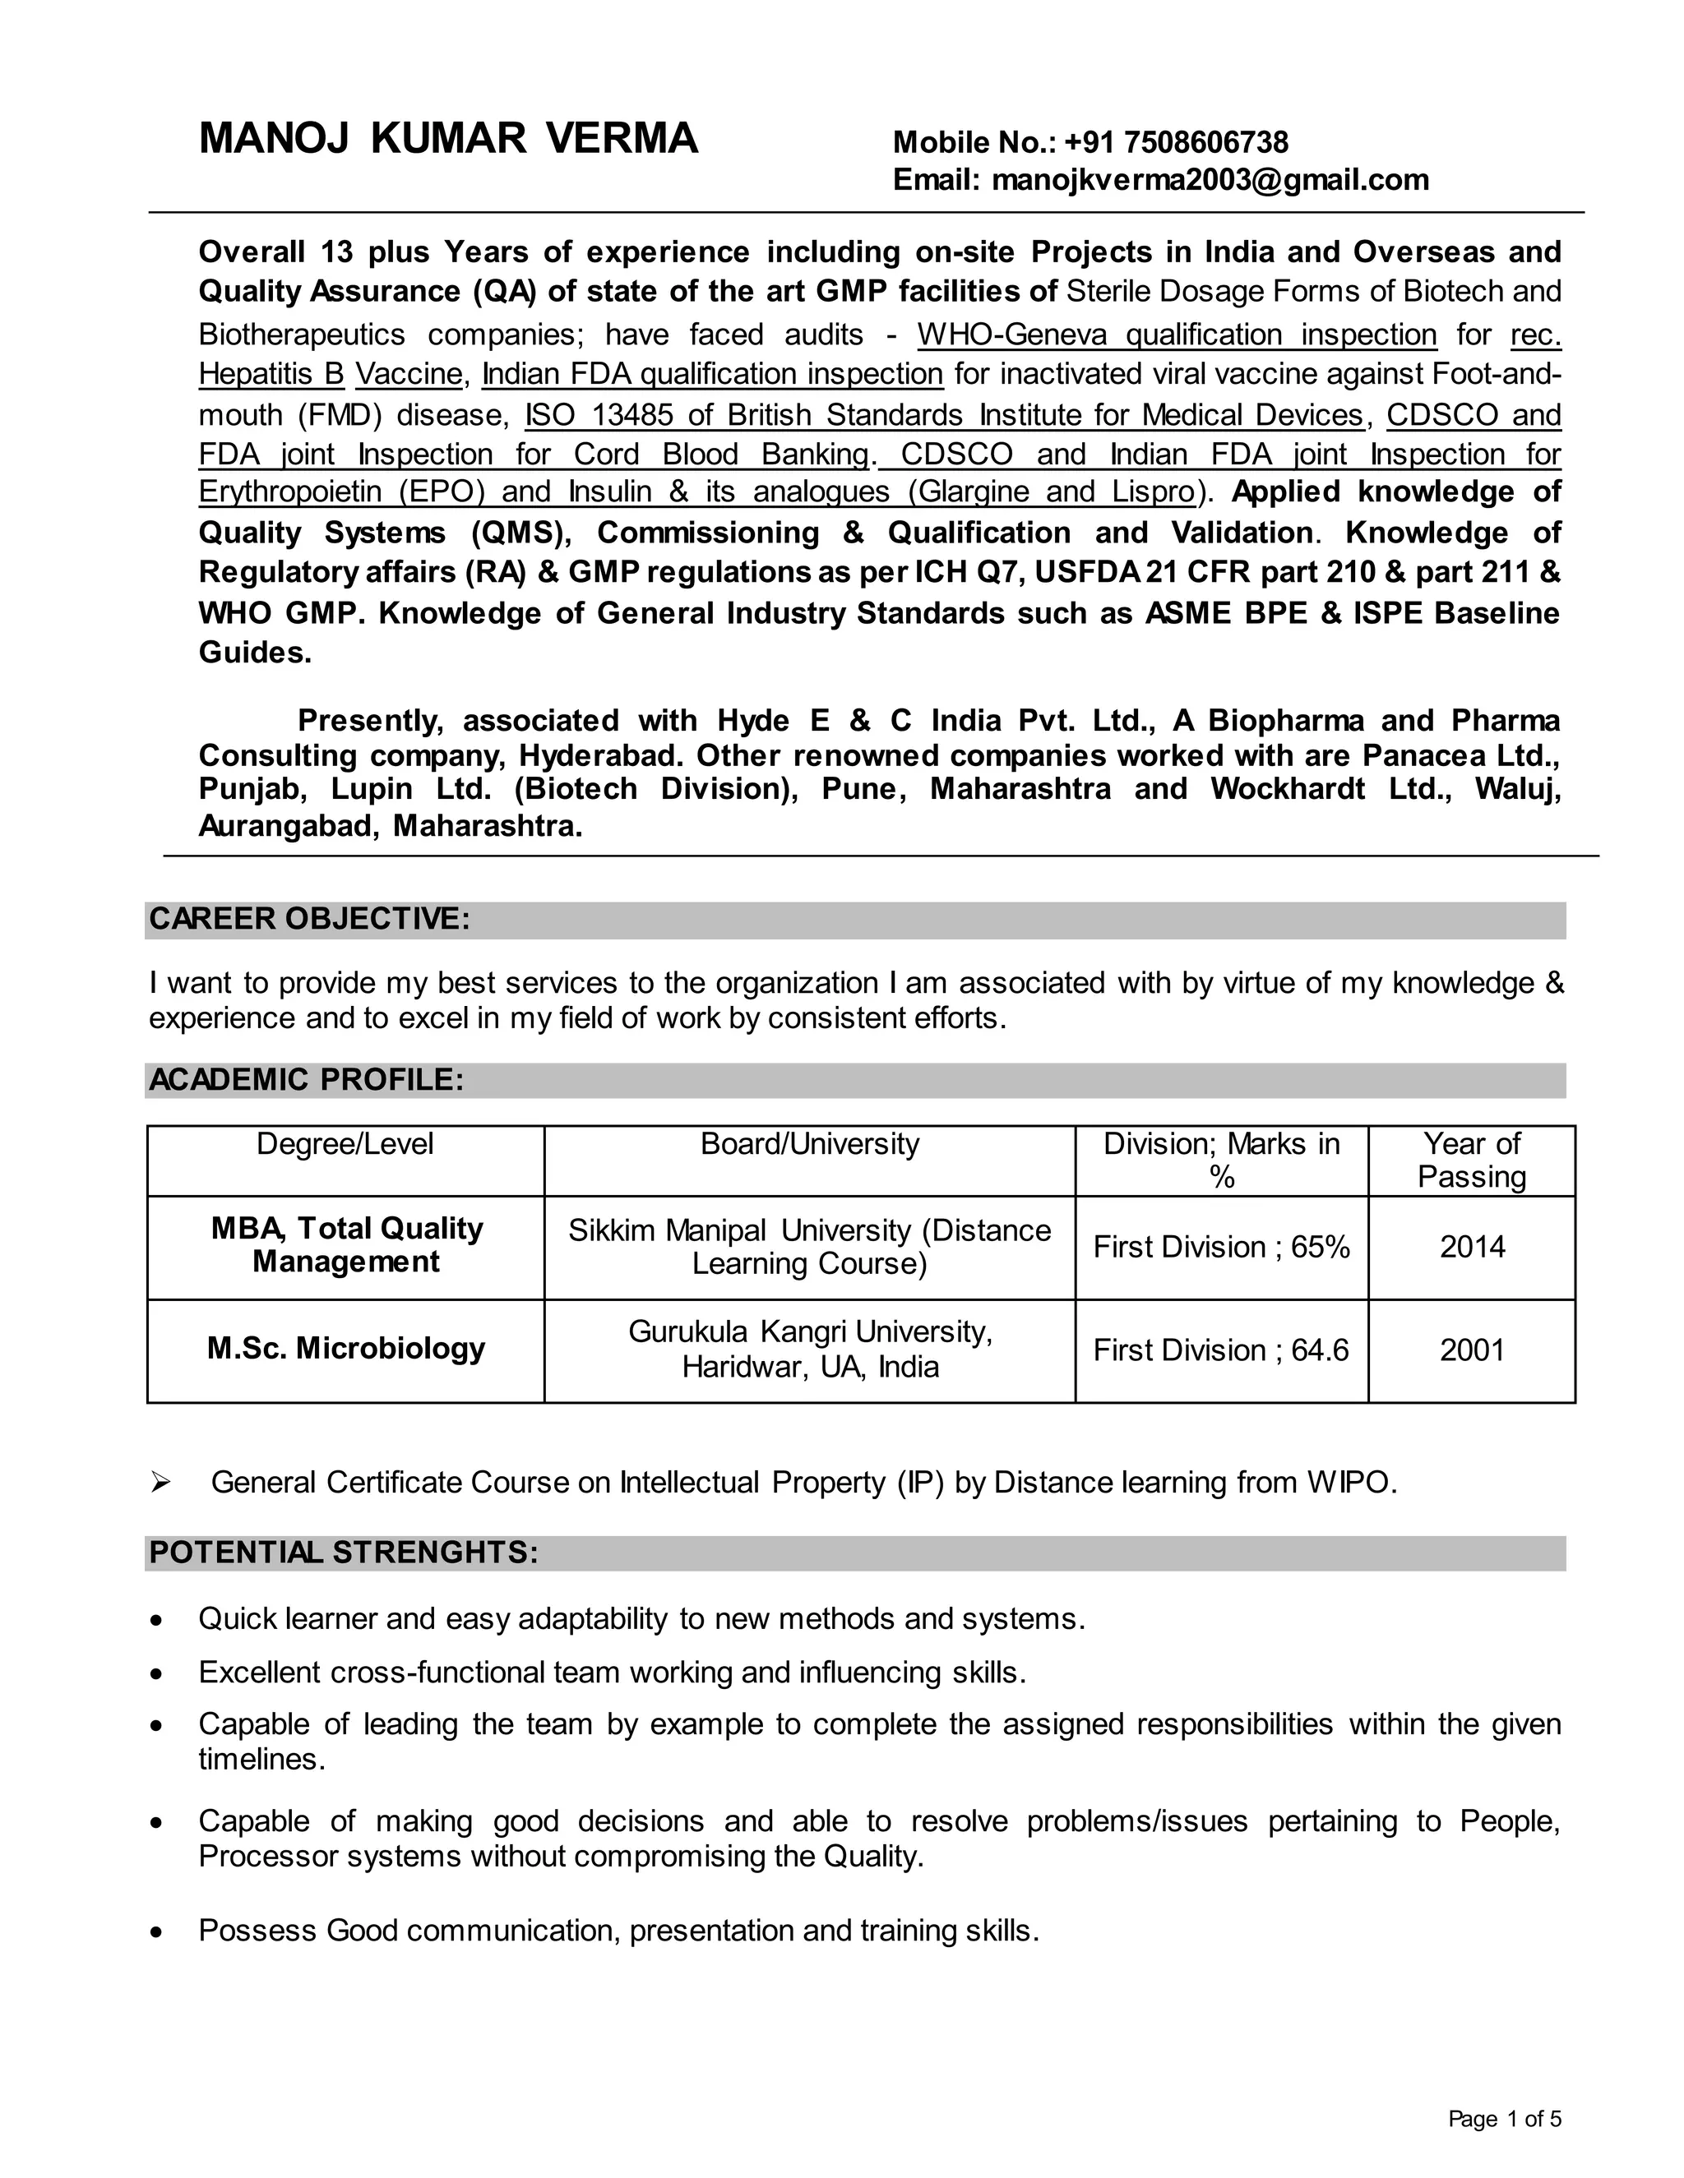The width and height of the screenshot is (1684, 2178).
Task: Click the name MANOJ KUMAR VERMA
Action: (448, 139)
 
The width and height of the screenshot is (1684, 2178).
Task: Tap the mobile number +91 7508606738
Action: (1176, 143)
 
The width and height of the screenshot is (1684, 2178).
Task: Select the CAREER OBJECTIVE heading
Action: (309, 919)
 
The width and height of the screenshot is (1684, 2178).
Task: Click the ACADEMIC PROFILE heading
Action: (306, 1080)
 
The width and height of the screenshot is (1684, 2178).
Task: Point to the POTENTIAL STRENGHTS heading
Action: (343, 1553)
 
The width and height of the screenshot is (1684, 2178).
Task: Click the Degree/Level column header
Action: (345, 1144)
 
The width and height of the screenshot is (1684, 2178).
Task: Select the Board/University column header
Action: (809, 1144)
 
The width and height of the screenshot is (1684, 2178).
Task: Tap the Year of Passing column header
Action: (1472, 1160)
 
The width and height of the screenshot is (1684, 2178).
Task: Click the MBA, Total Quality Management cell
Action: (346, 1244)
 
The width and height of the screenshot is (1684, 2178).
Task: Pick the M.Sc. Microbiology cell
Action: (346, 1348)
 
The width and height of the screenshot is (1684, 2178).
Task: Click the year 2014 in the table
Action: (1472, 1247)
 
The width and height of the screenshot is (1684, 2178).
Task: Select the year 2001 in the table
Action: (1472, 1350)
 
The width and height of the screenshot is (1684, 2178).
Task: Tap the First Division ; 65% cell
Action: (1221, 1247)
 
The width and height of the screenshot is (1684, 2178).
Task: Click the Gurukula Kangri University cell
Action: (809, 1348)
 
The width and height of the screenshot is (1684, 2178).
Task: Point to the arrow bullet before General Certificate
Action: (160, 1483)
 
